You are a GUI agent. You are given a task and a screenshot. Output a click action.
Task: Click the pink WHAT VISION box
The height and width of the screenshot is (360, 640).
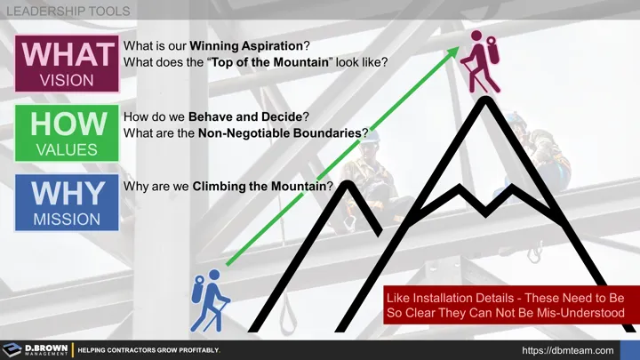pos(66,62)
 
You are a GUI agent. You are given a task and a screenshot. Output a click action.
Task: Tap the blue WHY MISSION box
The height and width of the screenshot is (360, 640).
pos(66,203)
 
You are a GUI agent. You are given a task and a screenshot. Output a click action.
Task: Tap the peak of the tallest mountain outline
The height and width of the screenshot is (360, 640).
pos(485,100)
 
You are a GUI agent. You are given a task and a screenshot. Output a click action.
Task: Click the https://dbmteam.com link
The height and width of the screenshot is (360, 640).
pos(567,350)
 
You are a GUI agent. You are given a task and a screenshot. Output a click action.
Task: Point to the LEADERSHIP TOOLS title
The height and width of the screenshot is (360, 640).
pos(68,12)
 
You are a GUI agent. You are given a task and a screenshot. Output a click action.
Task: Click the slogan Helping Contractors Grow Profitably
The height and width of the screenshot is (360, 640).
pos(148,350)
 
